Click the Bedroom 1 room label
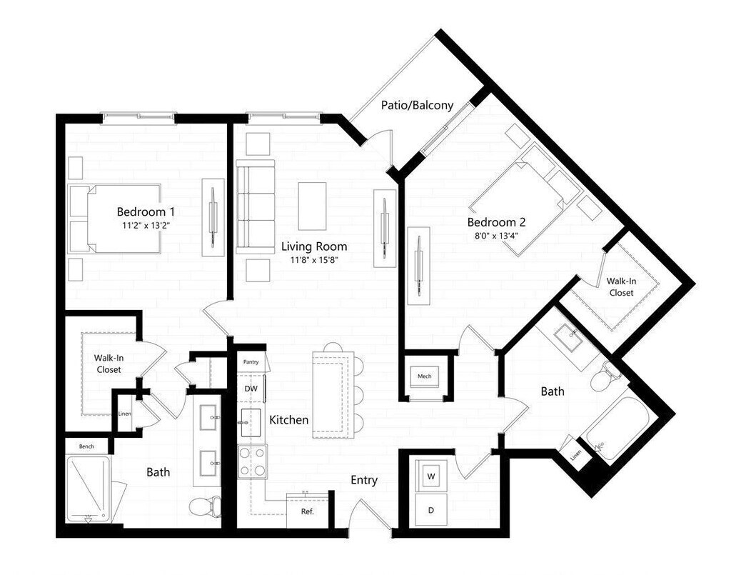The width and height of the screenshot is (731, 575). tap(146, 211)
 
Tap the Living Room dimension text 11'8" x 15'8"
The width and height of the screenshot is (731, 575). tap(314, 260)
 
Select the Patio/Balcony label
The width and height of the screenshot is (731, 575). tap(418, 105)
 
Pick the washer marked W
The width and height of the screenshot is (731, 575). tap(432, 476)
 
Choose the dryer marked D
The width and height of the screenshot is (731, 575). tap(432, 510)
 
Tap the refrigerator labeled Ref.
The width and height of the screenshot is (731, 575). tap(307, 511)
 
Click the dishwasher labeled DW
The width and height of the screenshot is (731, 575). tap(251, 388)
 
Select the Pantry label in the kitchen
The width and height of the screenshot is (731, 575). tap(251, 362)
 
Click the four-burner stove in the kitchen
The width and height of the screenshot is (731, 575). tap(252, 461)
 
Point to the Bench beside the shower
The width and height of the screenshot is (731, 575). tap(86, 446)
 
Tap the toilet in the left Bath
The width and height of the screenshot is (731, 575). tap(204, 506)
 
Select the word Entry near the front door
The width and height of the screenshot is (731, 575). tap(363, 480)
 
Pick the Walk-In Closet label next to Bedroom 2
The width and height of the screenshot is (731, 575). tap(620, 286)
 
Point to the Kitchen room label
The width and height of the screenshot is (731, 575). tap(288, 419)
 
